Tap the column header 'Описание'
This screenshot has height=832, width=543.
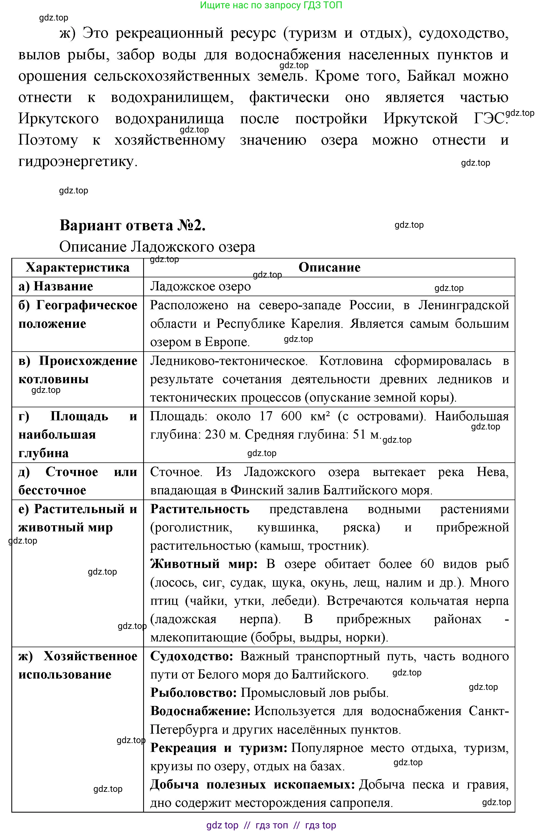[x=329, y=267]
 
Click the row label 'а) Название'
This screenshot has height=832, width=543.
[x=56, y=286]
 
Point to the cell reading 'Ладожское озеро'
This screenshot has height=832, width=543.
[x=200, y=286]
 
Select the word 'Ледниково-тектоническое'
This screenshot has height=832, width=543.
[x=229, y=361]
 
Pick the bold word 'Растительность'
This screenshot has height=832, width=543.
[x=200, y=509]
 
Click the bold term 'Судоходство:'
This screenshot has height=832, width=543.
[x=192, y=656]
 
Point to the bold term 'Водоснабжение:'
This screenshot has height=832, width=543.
[x=200, y=711]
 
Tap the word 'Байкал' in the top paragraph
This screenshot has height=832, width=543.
[x=431, y=76]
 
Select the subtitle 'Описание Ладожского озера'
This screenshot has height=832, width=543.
[x=157, y=247]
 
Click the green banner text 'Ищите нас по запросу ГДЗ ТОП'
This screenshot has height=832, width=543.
[x=271, y=5]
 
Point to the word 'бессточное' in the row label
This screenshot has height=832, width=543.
[x=52, y=490]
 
